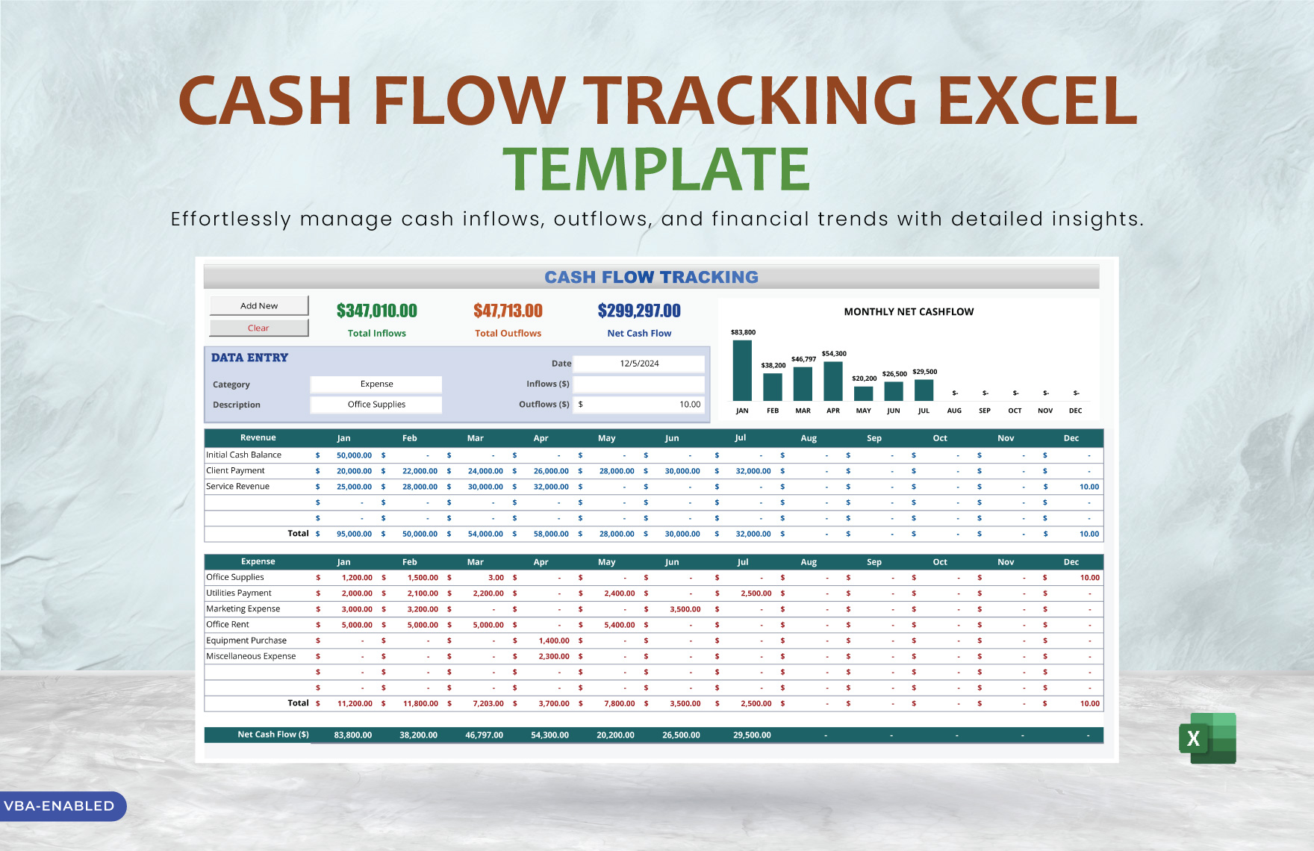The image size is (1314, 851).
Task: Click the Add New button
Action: (259, 305)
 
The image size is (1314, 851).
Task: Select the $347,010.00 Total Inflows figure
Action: (376, 311)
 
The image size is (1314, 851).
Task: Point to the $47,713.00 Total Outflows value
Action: (508, 311)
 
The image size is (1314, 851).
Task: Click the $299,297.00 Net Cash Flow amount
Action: (639, 311)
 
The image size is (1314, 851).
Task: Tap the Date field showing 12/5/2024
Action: (639, 364)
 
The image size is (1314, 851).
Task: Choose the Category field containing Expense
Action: (376, 384)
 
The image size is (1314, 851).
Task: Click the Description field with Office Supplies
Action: (376, 405)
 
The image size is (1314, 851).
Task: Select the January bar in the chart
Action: (742, 371)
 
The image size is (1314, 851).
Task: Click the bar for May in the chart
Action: (863, 393)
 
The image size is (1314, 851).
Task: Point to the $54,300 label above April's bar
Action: (834, 354)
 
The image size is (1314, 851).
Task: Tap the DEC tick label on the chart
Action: (1075, 411)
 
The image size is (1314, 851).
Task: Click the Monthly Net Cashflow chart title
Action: (909, 312)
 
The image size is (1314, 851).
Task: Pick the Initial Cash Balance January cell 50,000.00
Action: (354, 455)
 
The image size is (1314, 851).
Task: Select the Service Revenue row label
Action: (237, 487)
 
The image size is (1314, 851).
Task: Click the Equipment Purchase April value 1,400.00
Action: (554, 640)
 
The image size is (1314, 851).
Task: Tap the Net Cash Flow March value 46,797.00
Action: (484, 735)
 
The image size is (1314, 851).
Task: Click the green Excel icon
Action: (1207, 738)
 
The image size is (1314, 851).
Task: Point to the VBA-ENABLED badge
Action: (60, 806)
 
